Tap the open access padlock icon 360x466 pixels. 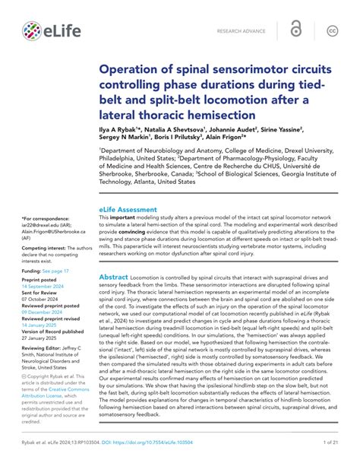pos(295,31)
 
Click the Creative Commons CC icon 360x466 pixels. pos(332,31)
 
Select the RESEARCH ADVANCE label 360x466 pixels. pos(241,32)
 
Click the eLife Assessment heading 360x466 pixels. pos(128,209)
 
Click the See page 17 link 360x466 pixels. pos(58,270)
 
